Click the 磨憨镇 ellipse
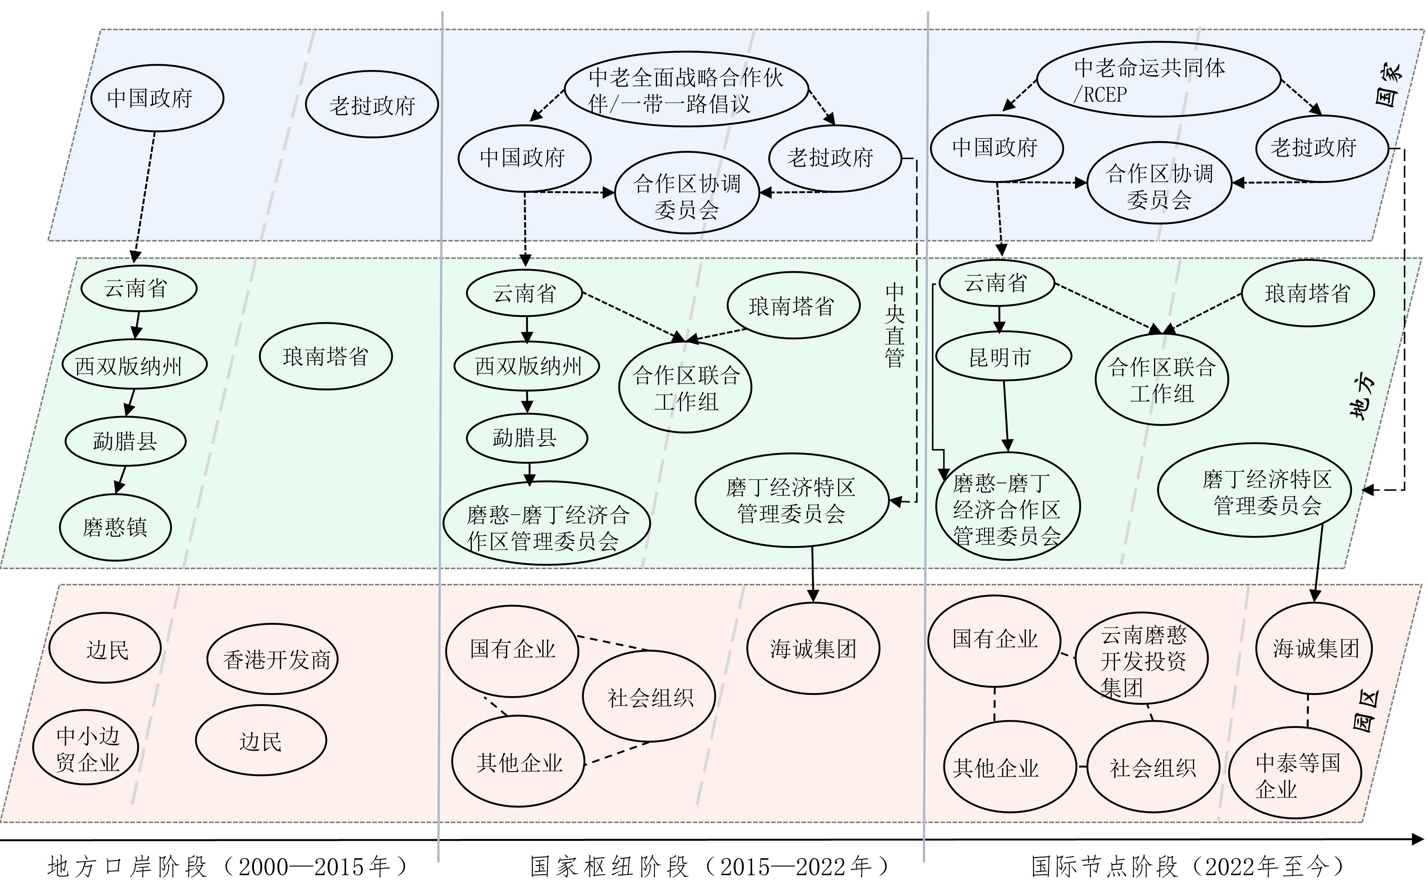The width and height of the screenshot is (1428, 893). (115, 527)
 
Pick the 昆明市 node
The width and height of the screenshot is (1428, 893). (1003, 357)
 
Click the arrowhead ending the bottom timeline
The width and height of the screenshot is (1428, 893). (1418, 839)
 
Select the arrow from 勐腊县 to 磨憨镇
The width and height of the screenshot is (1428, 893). (121, 479)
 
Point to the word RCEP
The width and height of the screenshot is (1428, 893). (1105, 94)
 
